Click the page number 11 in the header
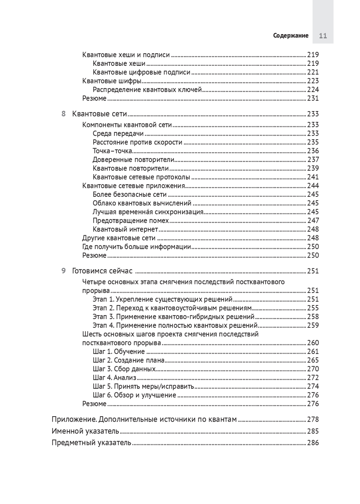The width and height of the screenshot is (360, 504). pyautogui.click(x=323, y=36)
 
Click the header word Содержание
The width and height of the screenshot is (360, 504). pyautogui.click(x=291, y=36)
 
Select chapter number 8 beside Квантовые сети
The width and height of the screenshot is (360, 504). pyautogui.click(x=63, y=114)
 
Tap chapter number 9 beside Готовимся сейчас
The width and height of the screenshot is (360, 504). pyautogui.click(x=63, y=271)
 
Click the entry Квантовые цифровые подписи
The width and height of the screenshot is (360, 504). pyautogui.click(x=141, y=72)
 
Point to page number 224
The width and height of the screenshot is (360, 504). pyautogui.click(x=313, y=90)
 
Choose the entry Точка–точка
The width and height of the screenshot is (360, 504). pyautogui.click(x=112, y=151)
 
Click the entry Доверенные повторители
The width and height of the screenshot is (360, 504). pyautogui.click(x=133, y=160)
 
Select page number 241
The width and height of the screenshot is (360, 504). pyautogui.click(x=313, y=177)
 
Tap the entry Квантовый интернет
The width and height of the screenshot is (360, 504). pyautogui.click(x=125, y=229)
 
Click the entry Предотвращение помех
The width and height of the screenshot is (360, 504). pyautogui.click(x=131, y=221)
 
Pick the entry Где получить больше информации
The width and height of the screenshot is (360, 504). pyautogui.click(x=136, y=247)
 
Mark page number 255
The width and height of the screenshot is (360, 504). pyautogui.click(x=313, y=308)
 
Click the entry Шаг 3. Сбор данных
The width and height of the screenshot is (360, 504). pyautogui.click(x=124, y=369)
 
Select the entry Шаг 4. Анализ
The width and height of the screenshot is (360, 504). pyautogui.click(x=114, y=378)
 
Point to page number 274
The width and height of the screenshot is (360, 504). pyautogui.click(x=313, y=386)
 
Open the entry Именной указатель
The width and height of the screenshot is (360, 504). pyautogui.click(x=85, y=431)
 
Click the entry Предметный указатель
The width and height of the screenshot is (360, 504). pyautogui.click(x=91, y=443)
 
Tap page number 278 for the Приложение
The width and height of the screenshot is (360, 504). pyautogui.click(x=313, y=419)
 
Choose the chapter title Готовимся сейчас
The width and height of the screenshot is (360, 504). pyautogui.click(x=102, y=271)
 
